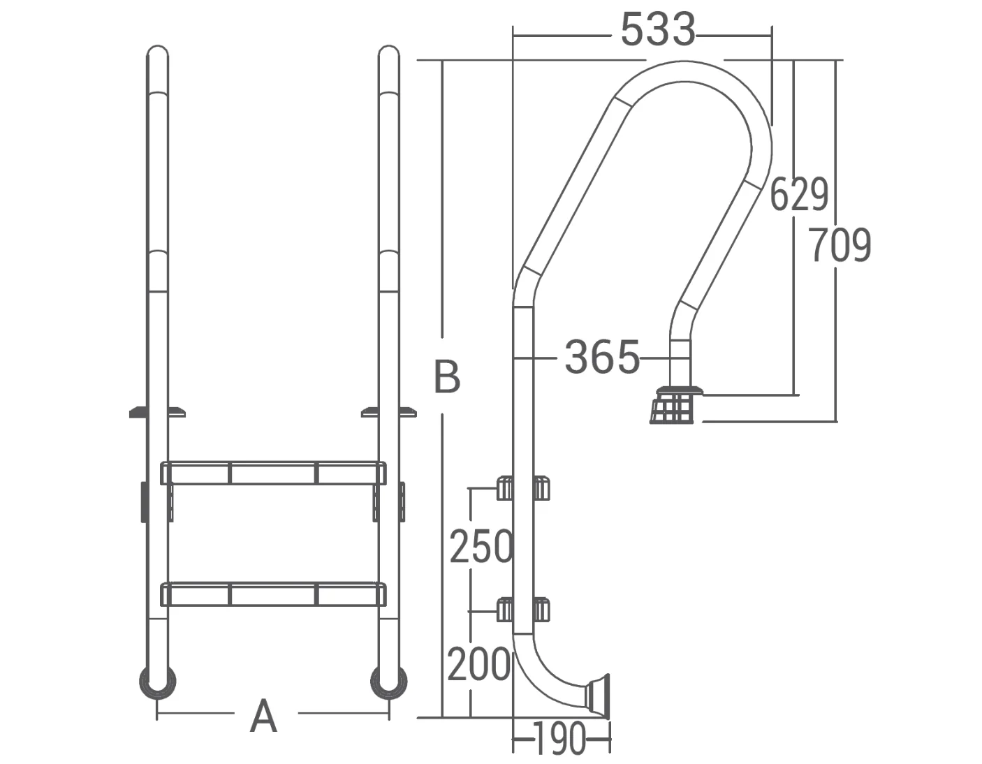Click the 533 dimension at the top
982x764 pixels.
(657, 31)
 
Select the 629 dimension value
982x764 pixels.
(799, 194)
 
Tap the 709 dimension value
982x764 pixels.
(841, 245)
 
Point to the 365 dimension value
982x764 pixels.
(601, 357)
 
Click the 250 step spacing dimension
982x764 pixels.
(481, 546)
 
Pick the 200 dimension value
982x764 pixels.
(478, 664)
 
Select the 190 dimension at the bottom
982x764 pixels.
(559, 739)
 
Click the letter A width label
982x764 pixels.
(263, 716)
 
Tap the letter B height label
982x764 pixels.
(447, 376)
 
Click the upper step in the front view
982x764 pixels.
(272, 473)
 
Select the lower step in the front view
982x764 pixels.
(272, 594)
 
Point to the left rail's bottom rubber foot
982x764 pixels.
(158, 682)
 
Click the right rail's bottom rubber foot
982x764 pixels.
(388, 682)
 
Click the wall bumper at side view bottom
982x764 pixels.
(599, 695)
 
